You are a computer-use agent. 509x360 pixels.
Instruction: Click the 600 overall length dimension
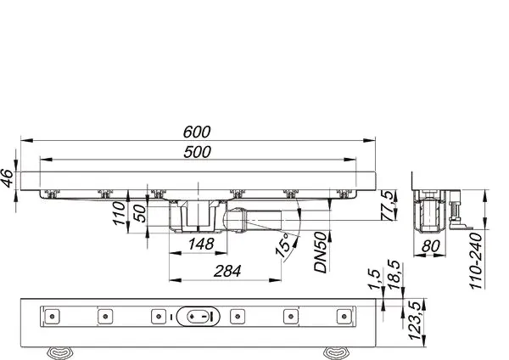[197, 132]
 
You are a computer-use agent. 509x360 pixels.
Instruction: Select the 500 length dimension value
[197, 151]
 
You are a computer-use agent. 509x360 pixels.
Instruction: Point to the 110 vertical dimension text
[120, 225]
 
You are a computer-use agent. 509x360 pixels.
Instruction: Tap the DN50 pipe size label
[321, 252]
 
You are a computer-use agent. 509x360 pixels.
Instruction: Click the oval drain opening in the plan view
[199, 317]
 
